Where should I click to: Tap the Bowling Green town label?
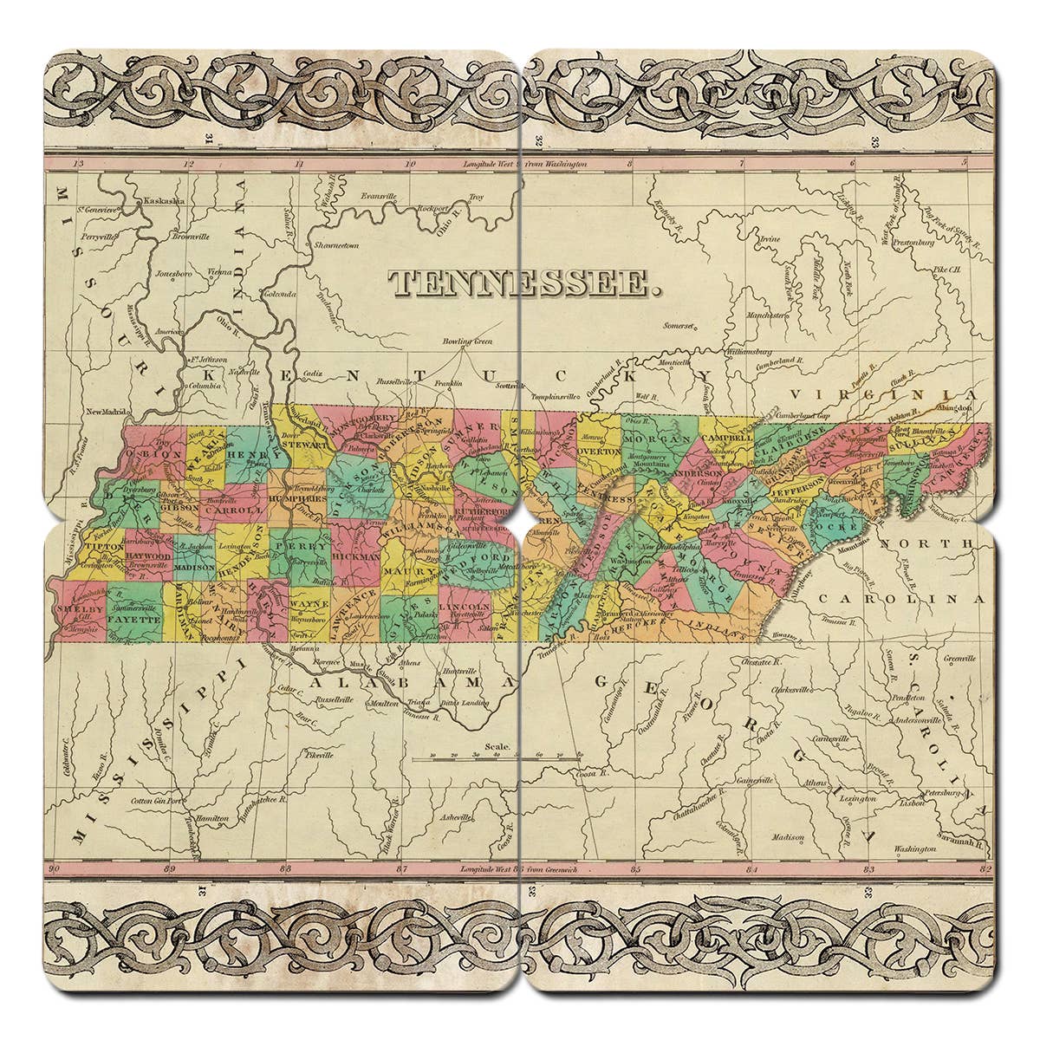468,341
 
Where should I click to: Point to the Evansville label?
378,195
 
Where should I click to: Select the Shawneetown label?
336,245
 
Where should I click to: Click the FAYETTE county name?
136,621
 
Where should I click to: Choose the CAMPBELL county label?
727,439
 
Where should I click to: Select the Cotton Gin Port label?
157,800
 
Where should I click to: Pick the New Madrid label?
107,412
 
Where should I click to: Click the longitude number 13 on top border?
79,163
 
